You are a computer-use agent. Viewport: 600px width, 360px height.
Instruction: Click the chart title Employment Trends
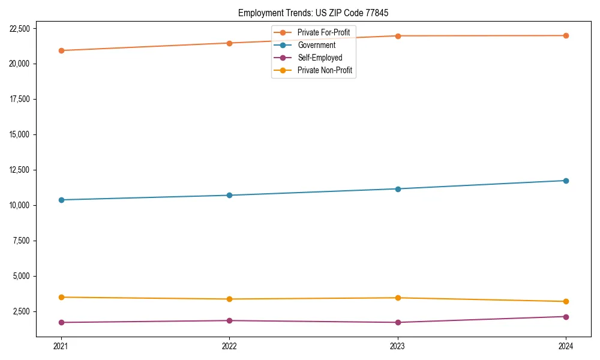(x=317, y=13)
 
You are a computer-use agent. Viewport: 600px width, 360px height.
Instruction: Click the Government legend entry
(x=316, y=45)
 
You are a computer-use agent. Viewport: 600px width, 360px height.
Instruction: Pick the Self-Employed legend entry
(x=320, y=58)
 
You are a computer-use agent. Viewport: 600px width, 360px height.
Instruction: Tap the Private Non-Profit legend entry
(x=325, y=71)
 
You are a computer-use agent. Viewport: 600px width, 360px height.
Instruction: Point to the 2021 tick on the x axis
(x=61, y=346)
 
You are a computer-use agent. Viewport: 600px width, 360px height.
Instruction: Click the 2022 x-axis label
(x=229, y=346)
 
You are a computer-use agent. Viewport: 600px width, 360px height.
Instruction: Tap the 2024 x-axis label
(x=566, y=346)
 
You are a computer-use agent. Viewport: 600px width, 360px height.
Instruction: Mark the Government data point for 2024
(x=566, y=181)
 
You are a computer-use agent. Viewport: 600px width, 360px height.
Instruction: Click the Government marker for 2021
(x=61, y=200)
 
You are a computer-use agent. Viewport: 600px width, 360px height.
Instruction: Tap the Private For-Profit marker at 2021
(x=61, y=50)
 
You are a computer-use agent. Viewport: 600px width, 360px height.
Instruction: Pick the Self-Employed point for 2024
(x=566, y=317)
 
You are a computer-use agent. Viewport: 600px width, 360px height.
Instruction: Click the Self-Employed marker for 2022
(x=229, y=320)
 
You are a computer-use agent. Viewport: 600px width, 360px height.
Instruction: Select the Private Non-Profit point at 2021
(x=61, y=297)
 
